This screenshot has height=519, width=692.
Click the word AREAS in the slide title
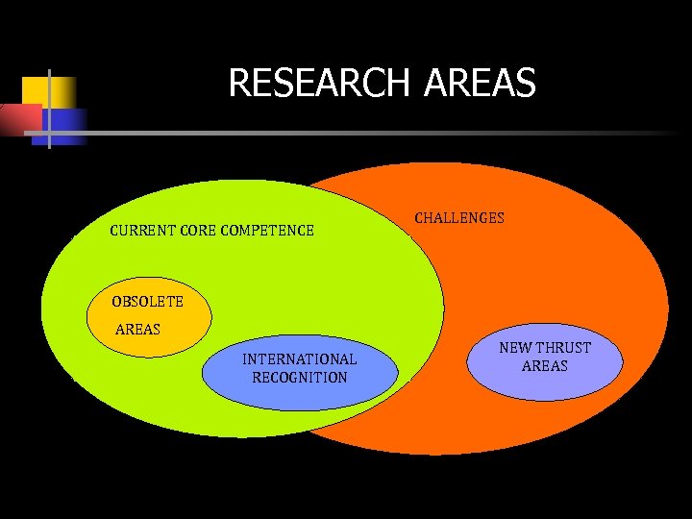click(479, 84)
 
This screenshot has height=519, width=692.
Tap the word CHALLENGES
click(458, 218)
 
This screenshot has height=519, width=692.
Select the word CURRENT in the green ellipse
click(141, 231)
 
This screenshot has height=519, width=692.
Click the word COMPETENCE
click(267, 231)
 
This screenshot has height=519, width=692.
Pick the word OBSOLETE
click(147, 302)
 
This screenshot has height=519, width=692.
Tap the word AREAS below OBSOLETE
click(137, 330)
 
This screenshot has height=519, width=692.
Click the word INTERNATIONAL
click(299, 359)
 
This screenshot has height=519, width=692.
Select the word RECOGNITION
click(299, 378)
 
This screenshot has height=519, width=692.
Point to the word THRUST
click(564, 348)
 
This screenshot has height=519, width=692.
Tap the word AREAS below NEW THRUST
click(544, 366)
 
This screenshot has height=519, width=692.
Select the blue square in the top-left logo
click(63, 126)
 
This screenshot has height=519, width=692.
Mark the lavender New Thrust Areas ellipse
click(544, 383)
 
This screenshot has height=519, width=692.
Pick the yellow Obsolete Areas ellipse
click(183, 317)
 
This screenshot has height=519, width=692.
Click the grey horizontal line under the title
click(384, 132)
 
